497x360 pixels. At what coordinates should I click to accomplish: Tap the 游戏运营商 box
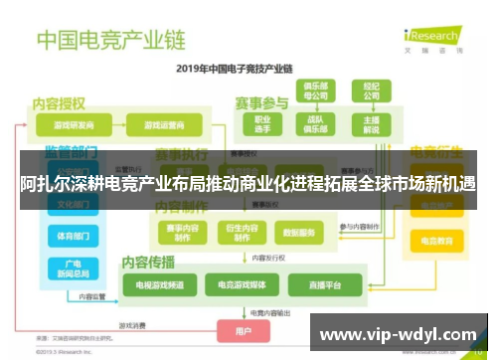pos(164,126)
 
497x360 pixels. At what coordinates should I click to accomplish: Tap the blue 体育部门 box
pos(73,237)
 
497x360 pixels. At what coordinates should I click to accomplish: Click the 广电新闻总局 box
pos(73,270)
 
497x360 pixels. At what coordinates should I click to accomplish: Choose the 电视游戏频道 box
pos(152,285)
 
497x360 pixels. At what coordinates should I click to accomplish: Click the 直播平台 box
pos(324,285)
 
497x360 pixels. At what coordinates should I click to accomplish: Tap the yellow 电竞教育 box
pos(437,241)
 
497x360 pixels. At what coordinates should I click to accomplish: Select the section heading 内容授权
pos(60,102)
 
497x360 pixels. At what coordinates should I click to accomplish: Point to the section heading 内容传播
pos(148,263)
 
